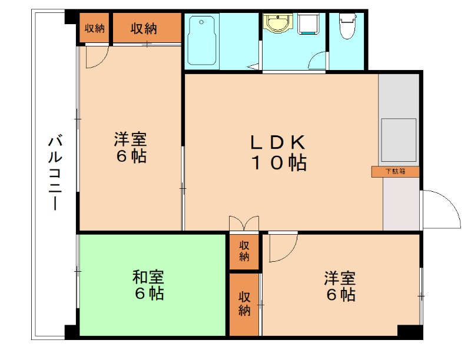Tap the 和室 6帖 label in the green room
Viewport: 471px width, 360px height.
[x=148, y=285]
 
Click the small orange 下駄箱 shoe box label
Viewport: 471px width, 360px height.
[x=395, y=171]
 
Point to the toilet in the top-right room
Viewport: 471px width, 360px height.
[x=347, y=26]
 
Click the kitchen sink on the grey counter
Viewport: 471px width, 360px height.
[x=400, y=139]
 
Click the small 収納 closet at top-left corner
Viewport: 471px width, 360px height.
[x=94, y=28]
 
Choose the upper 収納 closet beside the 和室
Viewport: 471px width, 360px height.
[x=244, y=251]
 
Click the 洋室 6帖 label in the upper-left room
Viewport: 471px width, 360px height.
[x=130, y=148]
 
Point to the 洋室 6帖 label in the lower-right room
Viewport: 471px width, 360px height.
[x=341, y=286]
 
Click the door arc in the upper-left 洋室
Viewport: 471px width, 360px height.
[x=96, y=57]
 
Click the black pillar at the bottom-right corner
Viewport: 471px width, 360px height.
[x=410, y=331]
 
